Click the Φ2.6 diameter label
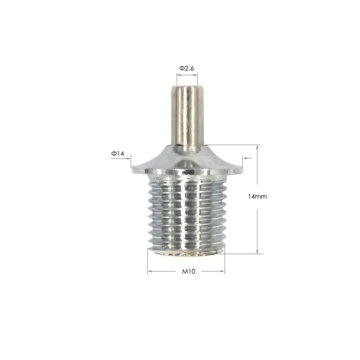[187, 68]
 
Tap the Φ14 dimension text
[117, 154]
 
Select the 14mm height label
[257, 197]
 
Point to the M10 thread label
[188, 271]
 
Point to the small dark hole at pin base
[179, 145]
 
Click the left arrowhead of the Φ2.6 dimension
[178, 75]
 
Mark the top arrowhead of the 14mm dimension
[257, 147]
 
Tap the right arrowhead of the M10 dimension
[223, 271]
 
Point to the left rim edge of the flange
[133, 167]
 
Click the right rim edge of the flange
[241, 167]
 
